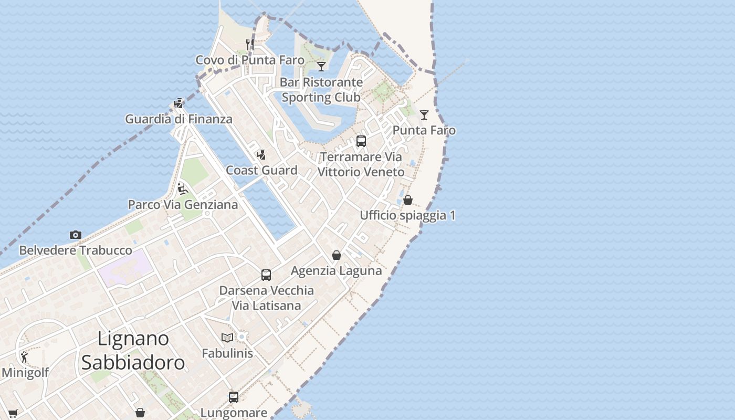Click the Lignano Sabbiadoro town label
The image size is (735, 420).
(x=133, y=350)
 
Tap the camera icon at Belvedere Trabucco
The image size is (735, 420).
(x=76, y=235)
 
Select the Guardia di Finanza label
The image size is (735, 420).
(x=178, y=119)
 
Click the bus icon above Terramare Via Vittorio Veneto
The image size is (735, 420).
(x=361, y=141)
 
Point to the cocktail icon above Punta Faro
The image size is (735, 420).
(x=424, y=114)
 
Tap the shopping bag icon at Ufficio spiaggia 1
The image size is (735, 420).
(x=408, y=199)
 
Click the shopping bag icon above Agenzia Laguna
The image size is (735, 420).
(x=337, y=255)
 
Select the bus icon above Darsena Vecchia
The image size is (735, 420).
(x=266, y=275)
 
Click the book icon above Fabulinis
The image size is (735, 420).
(x=227, y=338)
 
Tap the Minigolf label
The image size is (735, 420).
(x=25, y=373)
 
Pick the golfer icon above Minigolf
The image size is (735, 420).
(x=24, y=357)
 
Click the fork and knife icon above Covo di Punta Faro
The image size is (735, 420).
(x=250, y=44)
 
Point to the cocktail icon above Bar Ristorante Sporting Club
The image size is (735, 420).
(x=321, y=66)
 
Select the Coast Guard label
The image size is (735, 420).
(x=261, y=170)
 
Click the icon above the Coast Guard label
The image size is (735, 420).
(x=261, y=154)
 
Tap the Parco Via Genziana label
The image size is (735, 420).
(x=183, y=204)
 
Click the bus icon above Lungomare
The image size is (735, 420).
(x=234, y=397)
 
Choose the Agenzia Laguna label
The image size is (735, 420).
(x=336, y=271)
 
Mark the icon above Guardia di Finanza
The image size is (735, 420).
(x=178, y=103)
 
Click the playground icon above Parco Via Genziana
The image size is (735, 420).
(x=183, y=188)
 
